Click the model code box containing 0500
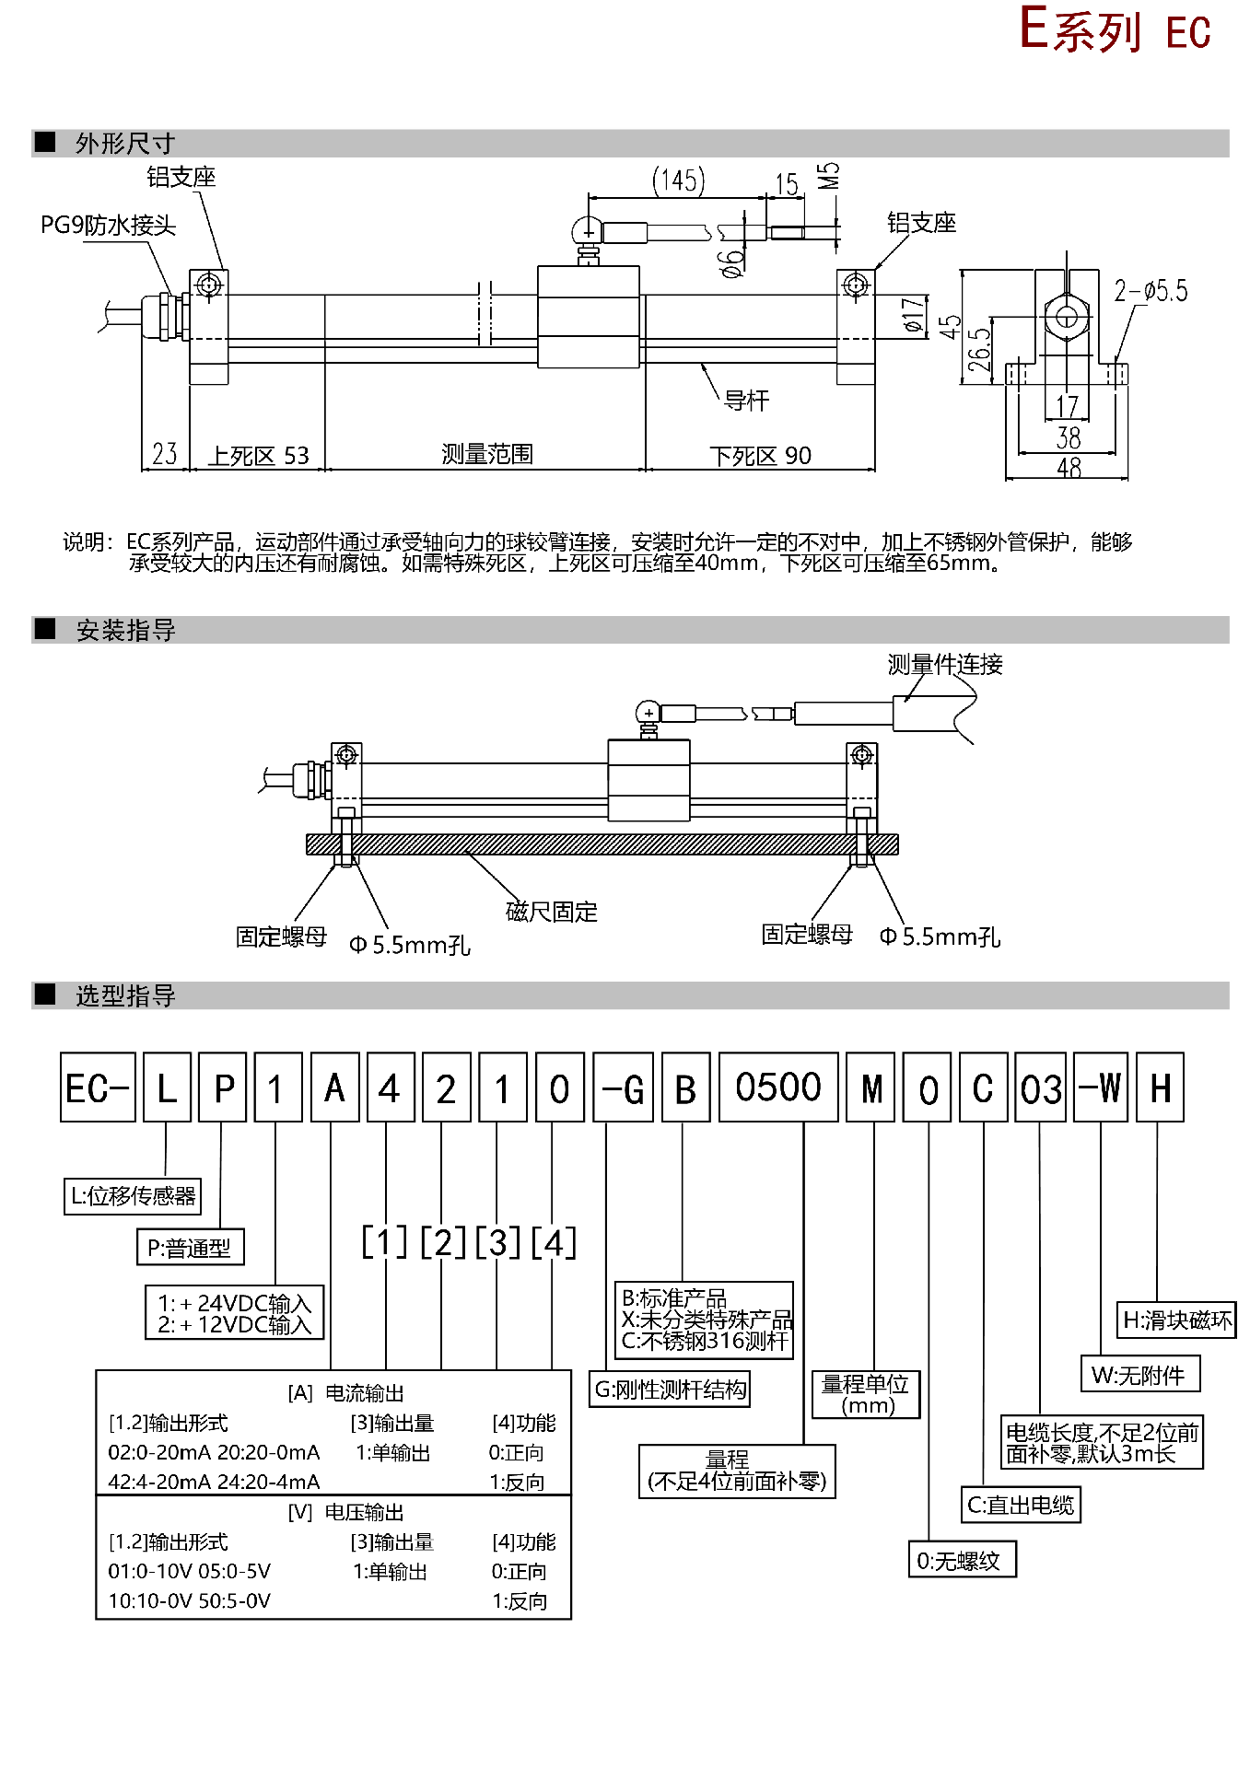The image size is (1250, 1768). [777, 1088]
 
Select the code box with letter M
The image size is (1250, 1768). [870, 1088]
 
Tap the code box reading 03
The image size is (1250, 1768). [1040, 1088]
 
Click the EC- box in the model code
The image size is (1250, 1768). [98, 1088]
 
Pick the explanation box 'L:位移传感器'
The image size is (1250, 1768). [133, 1196]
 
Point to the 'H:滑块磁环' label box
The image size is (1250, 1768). [1176, 1320]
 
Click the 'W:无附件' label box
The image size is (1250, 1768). [1139, 1375]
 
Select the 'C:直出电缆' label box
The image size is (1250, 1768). [1021, 1506]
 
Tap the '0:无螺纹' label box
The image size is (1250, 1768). [961, 1561]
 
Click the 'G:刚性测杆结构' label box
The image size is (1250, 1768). [670, 1390]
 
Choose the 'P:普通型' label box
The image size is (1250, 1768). [190, 1248]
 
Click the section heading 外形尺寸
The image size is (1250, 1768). [125, 144]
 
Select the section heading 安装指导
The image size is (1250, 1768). [125, 631]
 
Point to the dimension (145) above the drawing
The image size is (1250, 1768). [679, 180]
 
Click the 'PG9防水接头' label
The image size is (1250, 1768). [108, 226]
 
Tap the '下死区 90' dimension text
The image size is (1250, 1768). [760, 456]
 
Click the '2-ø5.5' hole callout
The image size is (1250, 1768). [1151, 292]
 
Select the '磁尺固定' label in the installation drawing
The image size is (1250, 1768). [552, 912]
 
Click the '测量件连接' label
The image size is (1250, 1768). [945, 665]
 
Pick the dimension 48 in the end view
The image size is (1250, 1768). [1069, 468]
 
